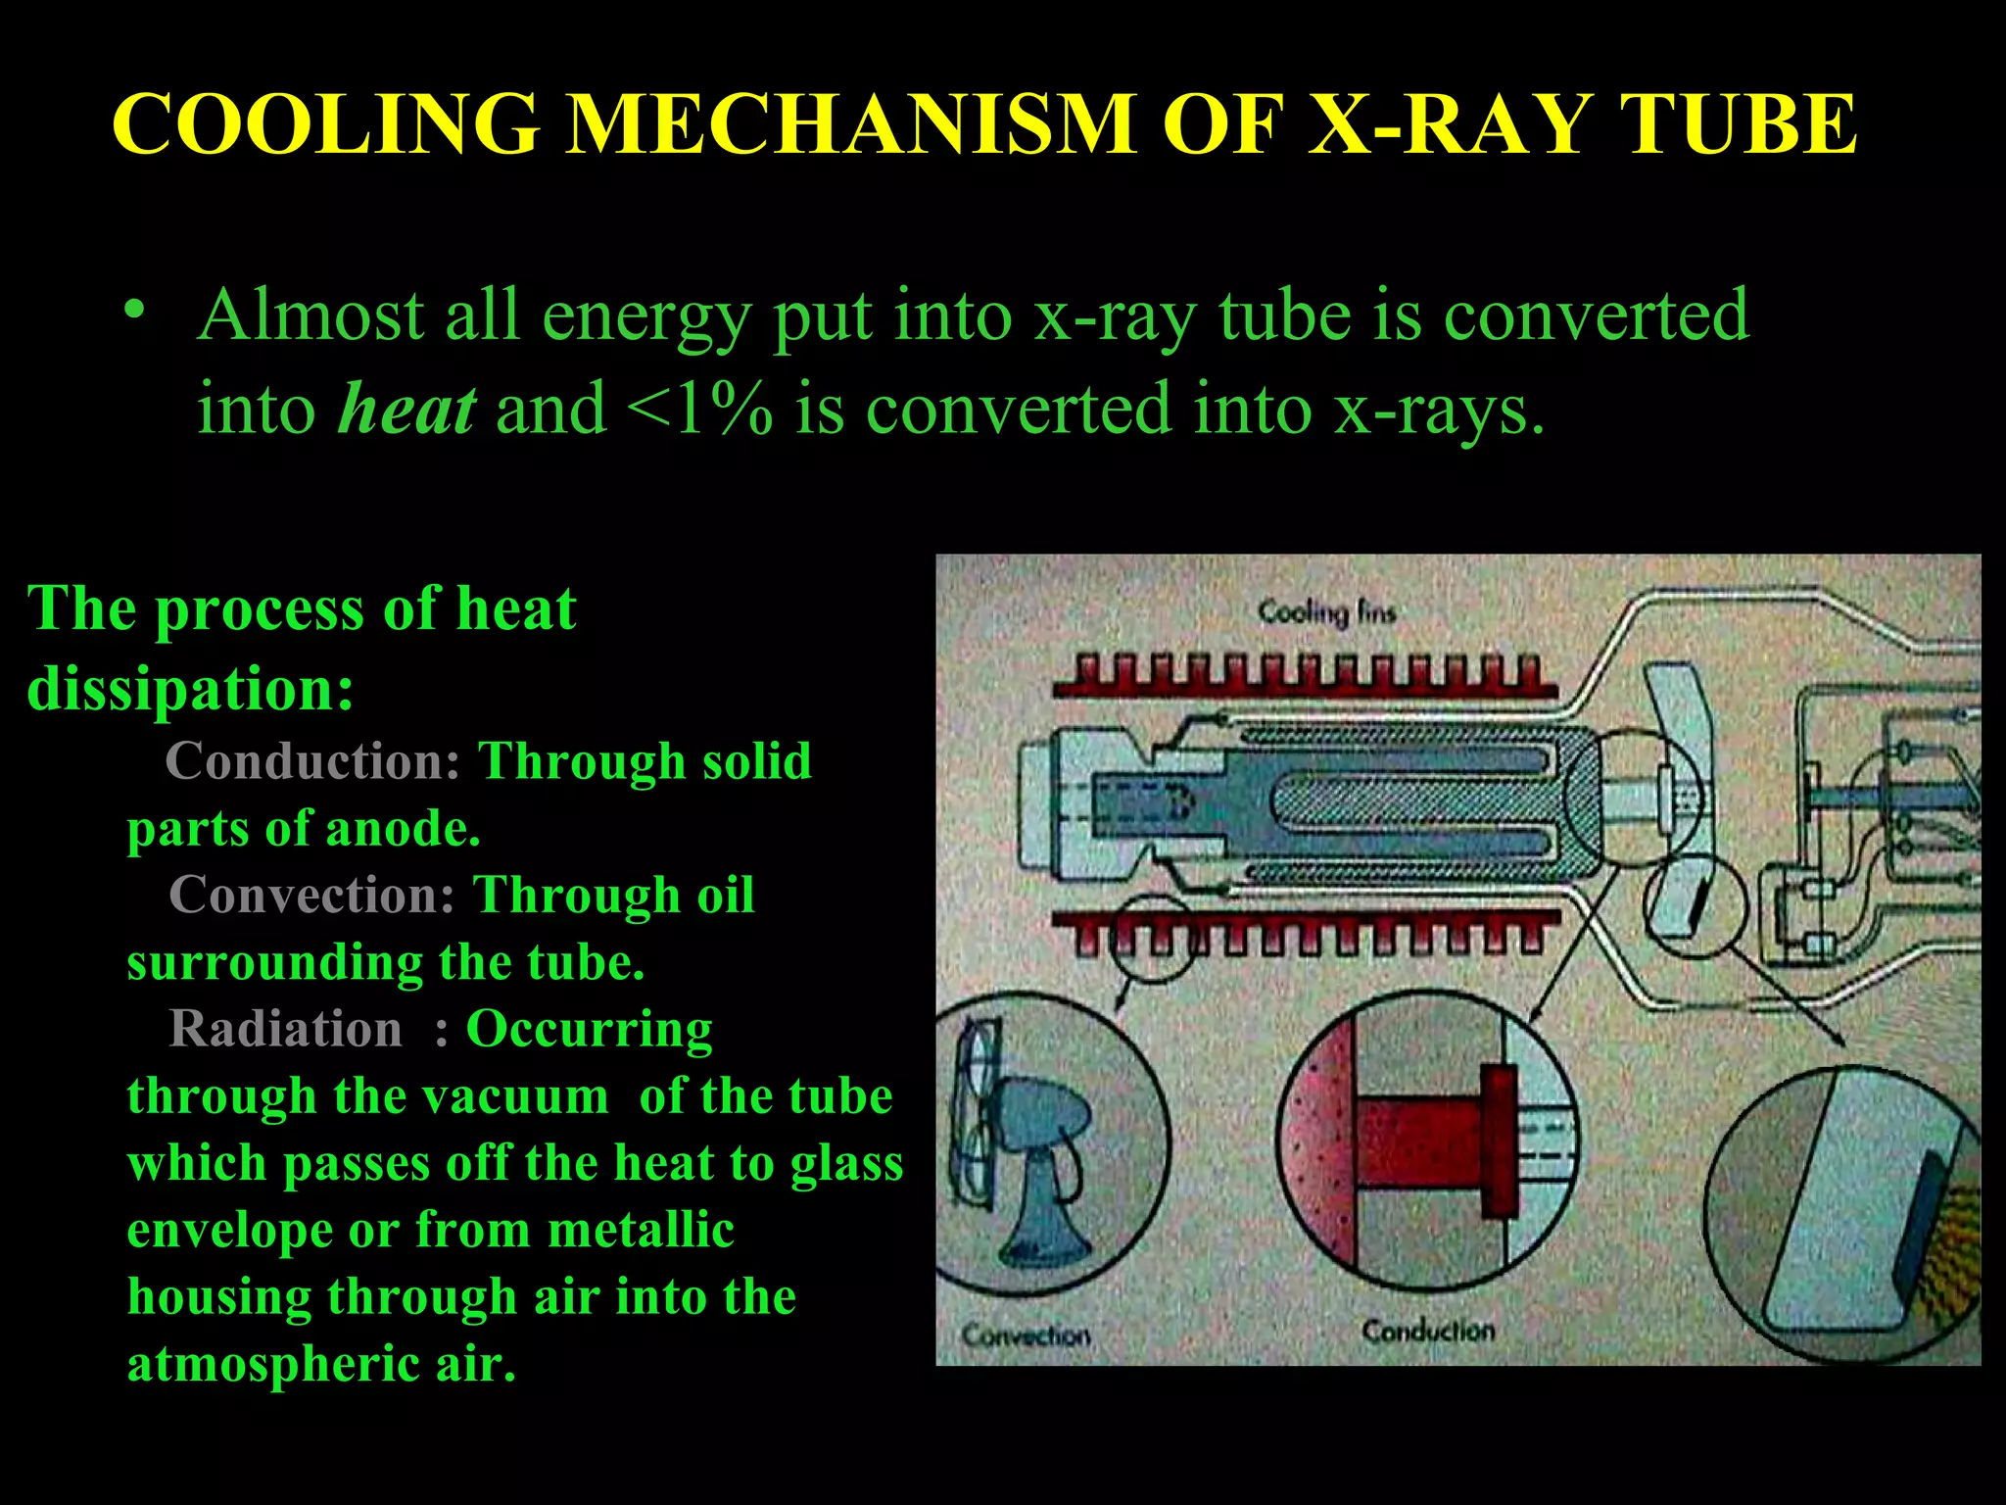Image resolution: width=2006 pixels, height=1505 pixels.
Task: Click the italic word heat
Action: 406,409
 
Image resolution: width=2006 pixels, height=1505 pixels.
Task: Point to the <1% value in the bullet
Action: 699,409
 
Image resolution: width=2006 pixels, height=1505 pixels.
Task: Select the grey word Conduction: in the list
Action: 312,761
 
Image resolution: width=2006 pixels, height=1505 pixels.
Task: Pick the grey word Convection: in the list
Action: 311,895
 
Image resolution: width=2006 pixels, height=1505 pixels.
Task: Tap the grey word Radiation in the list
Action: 285,1029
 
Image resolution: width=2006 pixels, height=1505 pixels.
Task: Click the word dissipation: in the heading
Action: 190,688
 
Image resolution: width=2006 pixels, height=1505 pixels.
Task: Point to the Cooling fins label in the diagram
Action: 1326,612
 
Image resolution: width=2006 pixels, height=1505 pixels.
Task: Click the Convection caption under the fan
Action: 1025,1335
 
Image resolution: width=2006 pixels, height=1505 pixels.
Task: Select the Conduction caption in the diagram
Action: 1428,1331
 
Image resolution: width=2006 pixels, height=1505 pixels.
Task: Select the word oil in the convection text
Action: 725,895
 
